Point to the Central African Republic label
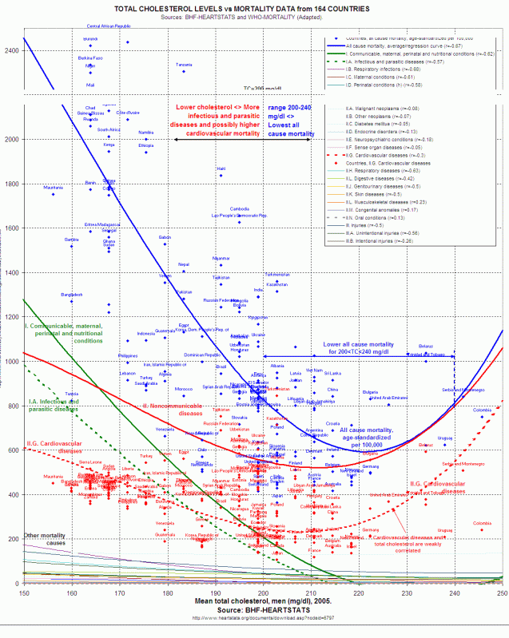click(109, 26)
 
